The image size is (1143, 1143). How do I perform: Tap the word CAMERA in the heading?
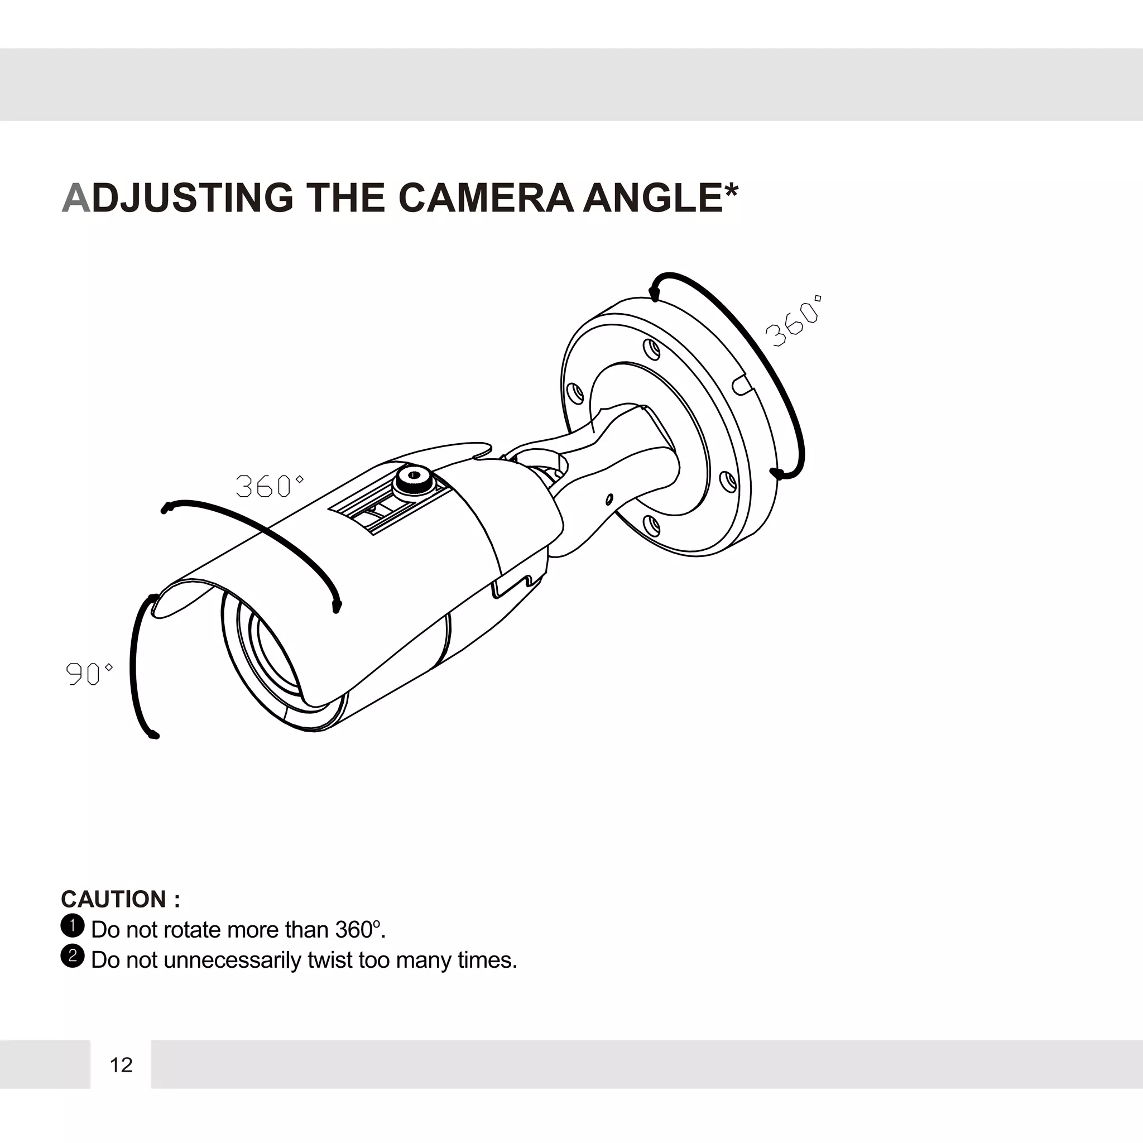486,197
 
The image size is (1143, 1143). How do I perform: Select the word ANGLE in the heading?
652,197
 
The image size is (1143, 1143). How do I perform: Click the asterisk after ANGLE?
732,190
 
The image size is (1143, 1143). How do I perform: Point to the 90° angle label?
89,673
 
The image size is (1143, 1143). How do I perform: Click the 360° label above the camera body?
270,486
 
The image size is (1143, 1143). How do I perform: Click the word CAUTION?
114,899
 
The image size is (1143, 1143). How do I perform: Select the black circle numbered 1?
73,926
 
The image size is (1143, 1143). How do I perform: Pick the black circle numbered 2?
73,956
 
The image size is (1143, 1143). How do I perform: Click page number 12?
121,1065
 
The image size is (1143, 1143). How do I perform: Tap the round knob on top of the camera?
413,476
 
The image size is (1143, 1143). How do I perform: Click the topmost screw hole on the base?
651,349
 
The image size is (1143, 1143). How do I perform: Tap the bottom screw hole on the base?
651,524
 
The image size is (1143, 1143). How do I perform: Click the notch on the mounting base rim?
741,385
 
